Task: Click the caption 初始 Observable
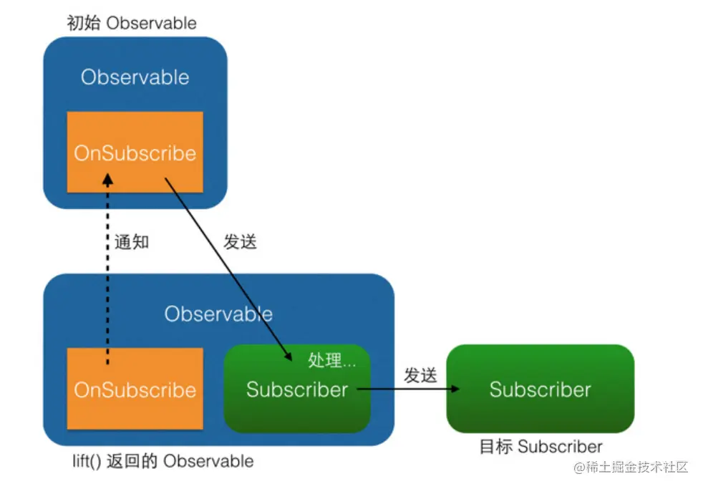pyautogui.click(x=131, y=23)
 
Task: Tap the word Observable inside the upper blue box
pyautogui.click(x=135, y=77)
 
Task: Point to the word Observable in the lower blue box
pyautogui.click(x=218, y=314)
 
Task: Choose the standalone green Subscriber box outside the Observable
pyautogui.click(x=540, y=389)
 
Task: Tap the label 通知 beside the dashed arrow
pyautogui.click(x=132, y=242)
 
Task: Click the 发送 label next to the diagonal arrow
pyautogui.click(x=240, y=242)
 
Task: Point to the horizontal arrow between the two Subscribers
pyautogui.click(x=408, y=389)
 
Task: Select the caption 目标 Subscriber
pyautogui.click(x=540, y=447)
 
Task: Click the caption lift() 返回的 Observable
pyautogui.click(x=163, y=460)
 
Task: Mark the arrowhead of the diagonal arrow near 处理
pyautogui.click(x=288, y=357)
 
